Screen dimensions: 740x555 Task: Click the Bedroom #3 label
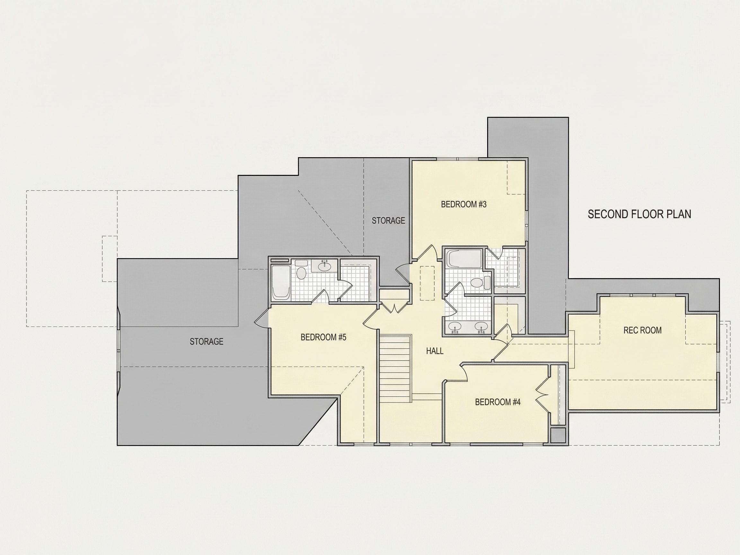point(464,204)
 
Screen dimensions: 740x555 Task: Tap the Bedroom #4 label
point(498,402)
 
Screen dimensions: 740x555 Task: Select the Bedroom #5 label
point(323,337)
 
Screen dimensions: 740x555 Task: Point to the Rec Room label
point(642,330)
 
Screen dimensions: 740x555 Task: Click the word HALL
point(435,351)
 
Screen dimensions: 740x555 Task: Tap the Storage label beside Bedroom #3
point(388,220)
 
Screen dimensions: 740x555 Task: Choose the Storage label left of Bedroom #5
point(207,341)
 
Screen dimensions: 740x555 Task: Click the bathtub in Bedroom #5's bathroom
point(281,282)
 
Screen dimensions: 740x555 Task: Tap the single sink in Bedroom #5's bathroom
point(324,266)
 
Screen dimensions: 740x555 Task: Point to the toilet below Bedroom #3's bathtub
point(480,283)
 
